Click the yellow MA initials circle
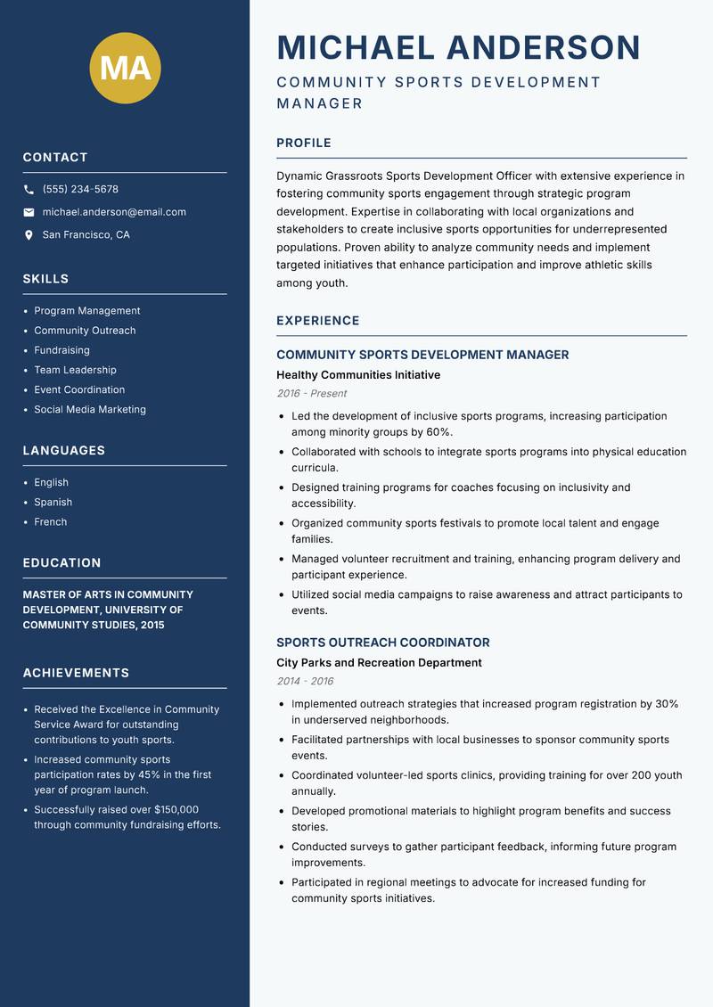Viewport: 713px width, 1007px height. click(126, 68)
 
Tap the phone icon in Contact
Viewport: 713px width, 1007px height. click(29, 190)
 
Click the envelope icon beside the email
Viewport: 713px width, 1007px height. click(29, 212)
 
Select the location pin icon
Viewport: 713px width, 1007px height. click(29, 235)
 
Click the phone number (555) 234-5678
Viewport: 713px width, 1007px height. click(80, 190)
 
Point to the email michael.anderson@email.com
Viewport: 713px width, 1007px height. click(114, 212)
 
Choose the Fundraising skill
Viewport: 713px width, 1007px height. click(61, 350)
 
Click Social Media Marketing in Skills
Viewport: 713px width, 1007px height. click(90, 410)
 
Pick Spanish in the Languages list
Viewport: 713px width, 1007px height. click(53, 503)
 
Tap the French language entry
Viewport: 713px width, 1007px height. click(51, 522)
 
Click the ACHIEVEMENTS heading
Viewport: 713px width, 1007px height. click(76, 673)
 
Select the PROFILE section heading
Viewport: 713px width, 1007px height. click(304, 143)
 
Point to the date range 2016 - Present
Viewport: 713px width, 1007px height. click(312, 394)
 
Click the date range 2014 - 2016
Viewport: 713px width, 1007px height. click(305, 682)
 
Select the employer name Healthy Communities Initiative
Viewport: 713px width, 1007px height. click(358, 375)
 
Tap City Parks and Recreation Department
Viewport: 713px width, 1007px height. click(379, 663)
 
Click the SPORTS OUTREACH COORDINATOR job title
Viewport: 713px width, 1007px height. click(383, 643)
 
